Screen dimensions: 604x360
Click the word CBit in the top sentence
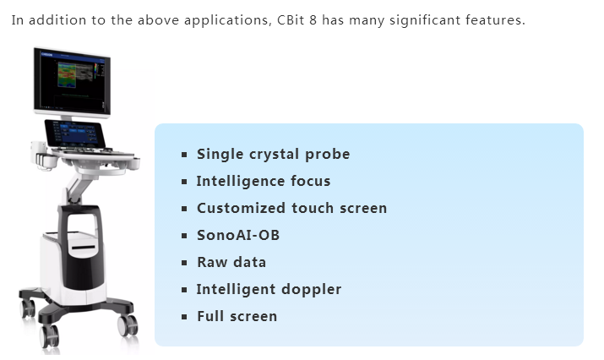291,19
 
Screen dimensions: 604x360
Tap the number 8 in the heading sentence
313,19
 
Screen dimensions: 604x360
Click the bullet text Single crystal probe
274,154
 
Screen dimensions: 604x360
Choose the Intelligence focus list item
264,181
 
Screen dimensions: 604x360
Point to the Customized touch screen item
292,208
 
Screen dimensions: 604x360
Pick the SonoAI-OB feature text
238,235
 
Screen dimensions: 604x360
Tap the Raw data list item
231,262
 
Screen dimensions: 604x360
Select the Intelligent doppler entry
269,290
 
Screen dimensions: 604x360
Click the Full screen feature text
237,316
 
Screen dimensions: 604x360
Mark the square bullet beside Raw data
184,263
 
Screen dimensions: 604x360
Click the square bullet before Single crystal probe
184,155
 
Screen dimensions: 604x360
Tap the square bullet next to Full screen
184,317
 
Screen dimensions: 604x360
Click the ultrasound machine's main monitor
72,82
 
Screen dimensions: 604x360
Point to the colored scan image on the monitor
67,75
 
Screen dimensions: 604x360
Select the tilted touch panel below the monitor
75,134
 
